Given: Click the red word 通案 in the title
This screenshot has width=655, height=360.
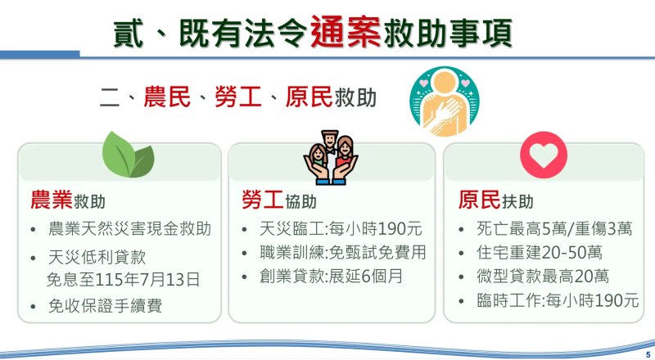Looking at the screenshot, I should coord(345,32).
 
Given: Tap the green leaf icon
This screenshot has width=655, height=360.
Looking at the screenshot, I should coord(127,152).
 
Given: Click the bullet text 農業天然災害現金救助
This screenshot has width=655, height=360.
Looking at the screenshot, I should coord(130,228).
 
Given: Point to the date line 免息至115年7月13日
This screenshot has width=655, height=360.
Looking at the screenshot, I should coord(124,279).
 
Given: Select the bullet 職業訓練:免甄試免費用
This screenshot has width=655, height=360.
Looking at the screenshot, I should coord(337,252).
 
